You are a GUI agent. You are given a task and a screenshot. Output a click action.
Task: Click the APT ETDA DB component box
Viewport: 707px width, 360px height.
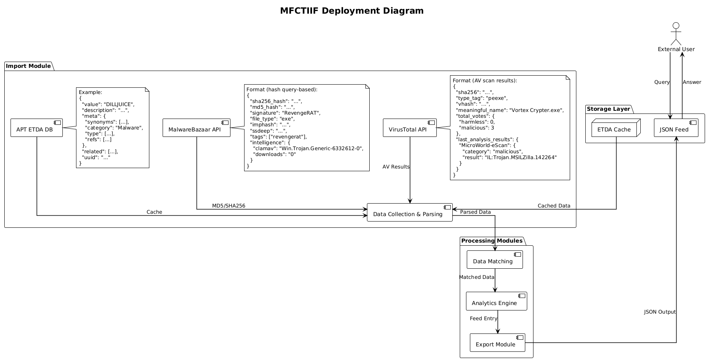[37, 128]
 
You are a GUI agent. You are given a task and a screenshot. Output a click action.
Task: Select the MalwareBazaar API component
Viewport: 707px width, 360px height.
[196, 128]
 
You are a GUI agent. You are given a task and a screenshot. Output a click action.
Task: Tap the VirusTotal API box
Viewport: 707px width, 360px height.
[409, 128]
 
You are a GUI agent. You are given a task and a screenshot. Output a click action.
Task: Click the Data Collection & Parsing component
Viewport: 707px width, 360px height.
[409, 213]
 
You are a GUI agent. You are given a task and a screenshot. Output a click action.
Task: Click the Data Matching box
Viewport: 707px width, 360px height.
[494, 260]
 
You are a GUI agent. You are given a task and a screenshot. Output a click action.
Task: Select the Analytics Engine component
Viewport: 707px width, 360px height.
[496, 301]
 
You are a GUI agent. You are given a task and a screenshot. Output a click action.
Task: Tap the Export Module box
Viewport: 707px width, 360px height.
[497, 343]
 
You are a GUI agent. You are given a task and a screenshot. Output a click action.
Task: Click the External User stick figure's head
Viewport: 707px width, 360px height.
[676, 26]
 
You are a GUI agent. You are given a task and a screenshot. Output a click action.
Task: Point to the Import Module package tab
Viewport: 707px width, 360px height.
[28, 66]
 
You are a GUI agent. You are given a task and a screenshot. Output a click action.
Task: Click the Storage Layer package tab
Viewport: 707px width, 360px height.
[608, 109]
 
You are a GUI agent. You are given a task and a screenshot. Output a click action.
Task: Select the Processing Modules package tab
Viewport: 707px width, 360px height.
[492, 241]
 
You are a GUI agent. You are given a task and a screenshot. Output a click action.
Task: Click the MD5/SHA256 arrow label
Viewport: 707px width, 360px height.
[229, 206]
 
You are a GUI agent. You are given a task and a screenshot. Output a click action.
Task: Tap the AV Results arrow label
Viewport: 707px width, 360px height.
[396, 167]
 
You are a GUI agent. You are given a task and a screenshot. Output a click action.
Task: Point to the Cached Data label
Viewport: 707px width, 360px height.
[554, 206]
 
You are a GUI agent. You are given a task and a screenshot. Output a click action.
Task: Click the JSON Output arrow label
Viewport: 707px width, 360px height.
[659, 312]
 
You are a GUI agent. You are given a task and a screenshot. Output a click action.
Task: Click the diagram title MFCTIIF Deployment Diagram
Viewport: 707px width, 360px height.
[352, 11]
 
